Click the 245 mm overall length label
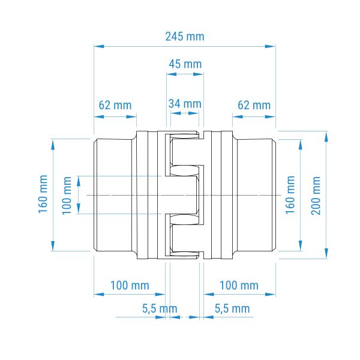point(185,37)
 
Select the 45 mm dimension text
point(185,64)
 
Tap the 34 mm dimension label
point(185,104)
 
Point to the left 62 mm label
point(115,106)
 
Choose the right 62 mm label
point(254,106)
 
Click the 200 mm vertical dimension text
point(316,196)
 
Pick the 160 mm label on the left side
point(43,194)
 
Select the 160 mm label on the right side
point(290,195)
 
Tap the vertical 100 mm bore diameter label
point(67,196)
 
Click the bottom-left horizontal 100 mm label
point(130,286)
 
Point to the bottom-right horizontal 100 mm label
point(239,286)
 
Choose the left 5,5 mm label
point(160,308)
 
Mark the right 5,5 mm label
point(232,308)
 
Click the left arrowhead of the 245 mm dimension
point(99,46)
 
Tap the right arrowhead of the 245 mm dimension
point(270,46)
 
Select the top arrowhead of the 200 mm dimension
point(326,137)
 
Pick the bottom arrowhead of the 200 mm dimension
point(326,253)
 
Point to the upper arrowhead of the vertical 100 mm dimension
point(79,181)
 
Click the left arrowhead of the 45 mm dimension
point(172,74)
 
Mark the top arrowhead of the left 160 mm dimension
point(53,145)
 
